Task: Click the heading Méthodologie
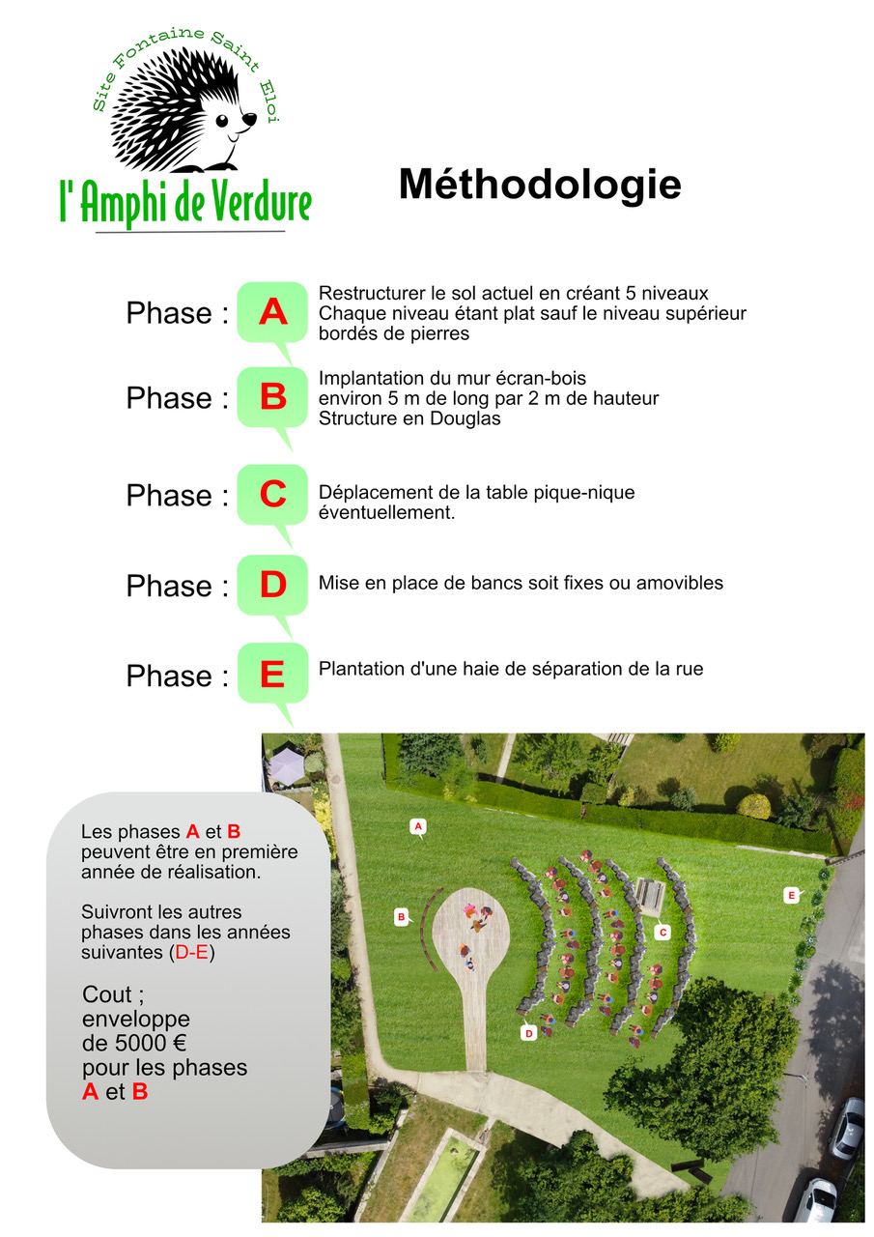[x=540, y=185]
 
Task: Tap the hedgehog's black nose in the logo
[x=249, y=119]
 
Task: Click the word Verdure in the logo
[x=250, y=202]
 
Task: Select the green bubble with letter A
[x=272, y=312]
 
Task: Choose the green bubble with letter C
[x=272, y=495]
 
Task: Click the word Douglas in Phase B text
[x=468, y=419]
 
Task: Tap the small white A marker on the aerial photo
[x=418, y=826]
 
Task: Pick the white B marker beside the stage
[x=402, y=916]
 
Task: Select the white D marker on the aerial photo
[x=528, y=1033]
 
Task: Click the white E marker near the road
[x=791, y=896]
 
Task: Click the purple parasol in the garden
[x=286, y=766]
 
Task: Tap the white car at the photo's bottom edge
[x=816, y=1201]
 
